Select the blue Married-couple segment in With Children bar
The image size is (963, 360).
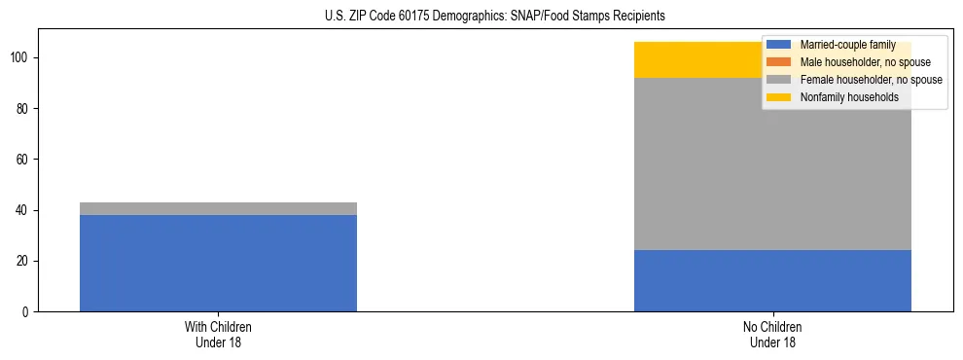[x=218, y=263]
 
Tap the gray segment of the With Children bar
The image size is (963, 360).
[x=218, y=208]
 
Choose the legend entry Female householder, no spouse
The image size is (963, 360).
[x=871, y=80]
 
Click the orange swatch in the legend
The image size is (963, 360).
[x=779, y=62]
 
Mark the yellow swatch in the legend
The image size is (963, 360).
[x=779, y=97]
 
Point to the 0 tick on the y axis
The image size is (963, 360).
[x=27, y=311]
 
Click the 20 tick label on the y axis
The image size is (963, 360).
[x=24, y=261]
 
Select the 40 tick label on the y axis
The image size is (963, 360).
[x=24, y=210]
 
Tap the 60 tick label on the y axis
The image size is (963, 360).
[x=24, y=160]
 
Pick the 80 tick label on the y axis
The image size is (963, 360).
[x=24, y=109]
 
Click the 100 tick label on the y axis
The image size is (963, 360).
[x=21, y=58]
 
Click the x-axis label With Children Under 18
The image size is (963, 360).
[x=218, y=334]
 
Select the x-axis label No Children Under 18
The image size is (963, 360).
[x=772, y=334]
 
